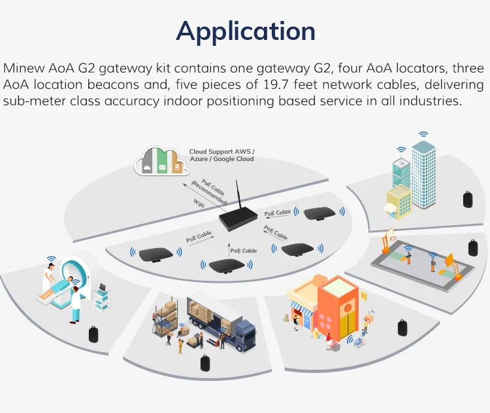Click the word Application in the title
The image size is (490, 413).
tap(245, 31)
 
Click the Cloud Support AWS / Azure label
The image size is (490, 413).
tap(221, 155)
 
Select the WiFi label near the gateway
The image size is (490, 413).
tap(199, 204)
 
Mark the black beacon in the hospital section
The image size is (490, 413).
tap(93, 334)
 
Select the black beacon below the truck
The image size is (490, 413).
tap(205, 363)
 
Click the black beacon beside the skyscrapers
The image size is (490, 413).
tap(468, 198)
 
